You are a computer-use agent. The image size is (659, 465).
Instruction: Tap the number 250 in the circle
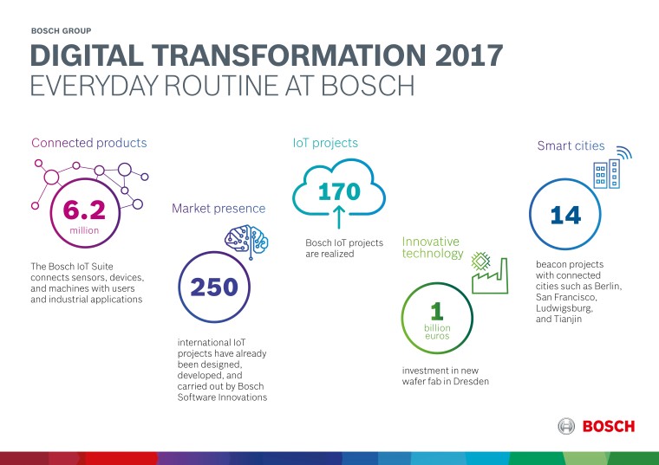[214, 287]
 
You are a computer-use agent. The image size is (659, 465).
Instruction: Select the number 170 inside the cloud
[338, 191]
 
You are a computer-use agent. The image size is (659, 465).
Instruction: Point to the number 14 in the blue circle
[565, 216]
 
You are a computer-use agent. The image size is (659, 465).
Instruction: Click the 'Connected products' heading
[89, 143]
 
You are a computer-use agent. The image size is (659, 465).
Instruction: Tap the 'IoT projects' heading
[325, 143]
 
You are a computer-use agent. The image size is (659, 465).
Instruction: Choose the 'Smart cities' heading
[570, 146]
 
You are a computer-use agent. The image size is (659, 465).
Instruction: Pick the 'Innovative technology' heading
[431, 248]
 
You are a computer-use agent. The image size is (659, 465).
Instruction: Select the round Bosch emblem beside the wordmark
[566, 426]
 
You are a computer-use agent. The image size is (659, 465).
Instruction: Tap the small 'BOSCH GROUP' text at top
[62, 29]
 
